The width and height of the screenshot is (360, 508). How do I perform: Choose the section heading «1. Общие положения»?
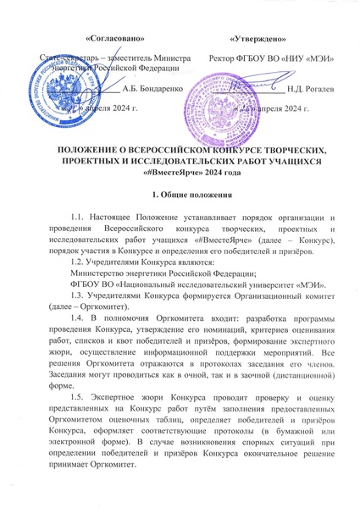(x=180, y=196)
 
